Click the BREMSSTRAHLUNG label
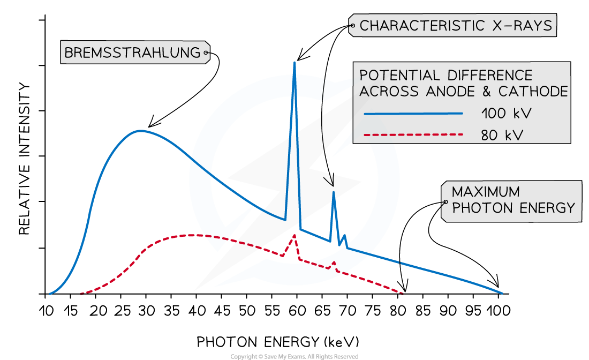[131, 53]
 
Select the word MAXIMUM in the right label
[486, 192]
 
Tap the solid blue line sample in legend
[413, 114]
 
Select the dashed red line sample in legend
[413, 134]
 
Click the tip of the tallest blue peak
[294, 62]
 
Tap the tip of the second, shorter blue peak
[334, 192]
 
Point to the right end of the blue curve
[502, 293]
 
